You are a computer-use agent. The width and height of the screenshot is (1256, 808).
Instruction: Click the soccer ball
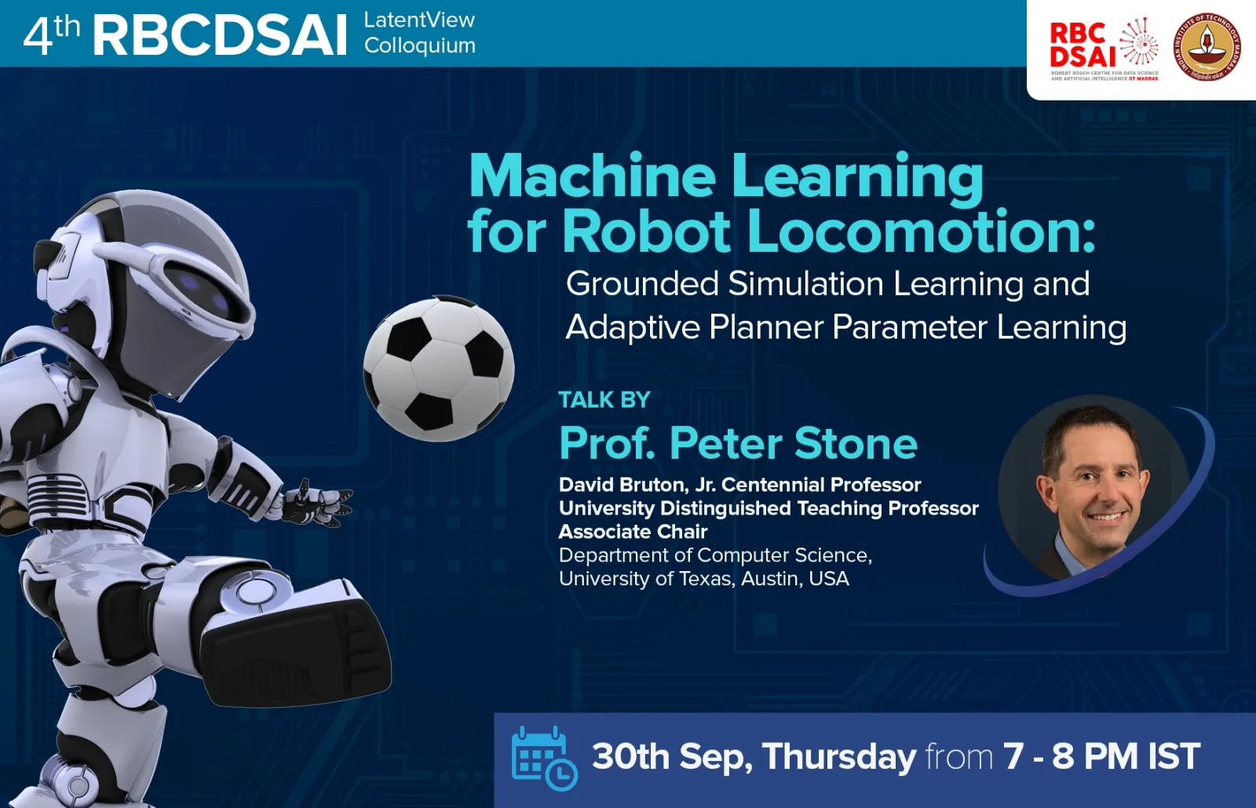438,368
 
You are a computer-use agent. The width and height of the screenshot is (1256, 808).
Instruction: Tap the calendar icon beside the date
543,757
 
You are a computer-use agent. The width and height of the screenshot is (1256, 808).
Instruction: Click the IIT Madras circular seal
1207,48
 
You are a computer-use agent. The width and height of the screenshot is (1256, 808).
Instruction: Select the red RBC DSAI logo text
1082,45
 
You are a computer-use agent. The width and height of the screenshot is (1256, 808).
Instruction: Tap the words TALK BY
604,400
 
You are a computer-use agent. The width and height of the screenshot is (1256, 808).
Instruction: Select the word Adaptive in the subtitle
633,327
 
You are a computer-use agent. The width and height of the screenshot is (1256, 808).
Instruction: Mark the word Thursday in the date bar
839,757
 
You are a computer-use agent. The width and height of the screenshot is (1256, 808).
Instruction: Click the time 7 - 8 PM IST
1101,757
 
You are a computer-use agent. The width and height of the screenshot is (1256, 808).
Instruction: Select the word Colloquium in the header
420,45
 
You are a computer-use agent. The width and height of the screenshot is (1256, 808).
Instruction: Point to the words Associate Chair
633,532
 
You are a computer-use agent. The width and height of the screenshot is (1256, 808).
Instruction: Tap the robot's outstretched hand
318,503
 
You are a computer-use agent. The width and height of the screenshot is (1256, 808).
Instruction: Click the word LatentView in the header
419,20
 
